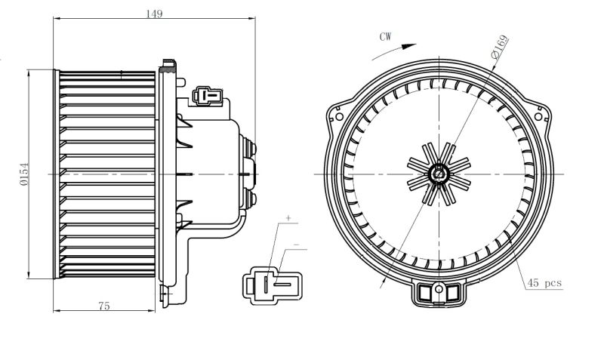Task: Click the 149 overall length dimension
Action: pos(154,14)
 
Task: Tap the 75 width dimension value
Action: pos(104,306)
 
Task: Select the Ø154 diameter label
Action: pos(24,174)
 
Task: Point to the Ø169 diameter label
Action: pos(500,46)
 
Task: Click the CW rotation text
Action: pos(385,36)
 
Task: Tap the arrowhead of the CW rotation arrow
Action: pos(409,46)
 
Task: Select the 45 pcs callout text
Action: pos(544,283)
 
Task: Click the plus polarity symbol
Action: pos(288,218)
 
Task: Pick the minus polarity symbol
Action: pos(296,245)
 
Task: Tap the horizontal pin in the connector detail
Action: pos(282,285)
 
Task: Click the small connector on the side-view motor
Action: pos(208,96)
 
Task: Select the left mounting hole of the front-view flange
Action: pos(339,116)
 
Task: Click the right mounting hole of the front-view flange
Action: pos(539,116)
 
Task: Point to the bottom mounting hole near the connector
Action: pos(439,289)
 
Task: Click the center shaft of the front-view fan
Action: pos(439,174)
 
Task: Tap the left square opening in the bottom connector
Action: pos(425,294)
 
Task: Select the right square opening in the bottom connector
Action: pos(452,294)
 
